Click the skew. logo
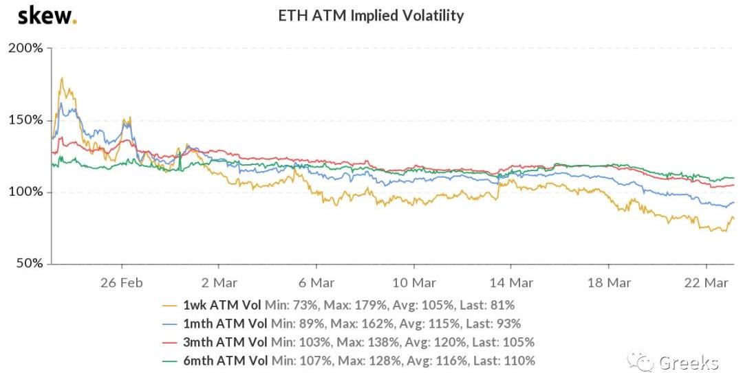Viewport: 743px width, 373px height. click(x=47, y=15)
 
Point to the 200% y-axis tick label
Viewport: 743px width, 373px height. click(x=25, y=49)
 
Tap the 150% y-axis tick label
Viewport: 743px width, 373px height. click(x=25, y=120)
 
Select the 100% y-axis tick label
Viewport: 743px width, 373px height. click(x=25, y=192)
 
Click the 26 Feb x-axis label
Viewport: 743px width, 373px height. click(x=121, y=282)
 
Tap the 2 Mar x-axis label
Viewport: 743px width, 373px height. click(x=219, y=282)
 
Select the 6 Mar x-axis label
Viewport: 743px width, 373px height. click(x=316, y=282)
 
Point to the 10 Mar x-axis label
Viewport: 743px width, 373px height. click(x=413, y=282)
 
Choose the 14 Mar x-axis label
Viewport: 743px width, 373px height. click(x=511, y=282)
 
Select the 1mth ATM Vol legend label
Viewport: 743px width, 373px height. click(x=226, y=324)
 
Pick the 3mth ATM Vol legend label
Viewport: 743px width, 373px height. click(x=226, y=342)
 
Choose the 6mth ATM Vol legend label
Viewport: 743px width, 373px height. click(x=226, y=361)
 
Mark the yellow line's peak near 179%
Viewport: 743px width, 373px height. click(x=63, y=78)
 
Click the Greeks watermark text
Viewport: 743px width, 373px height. click(x=688, y=362)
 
